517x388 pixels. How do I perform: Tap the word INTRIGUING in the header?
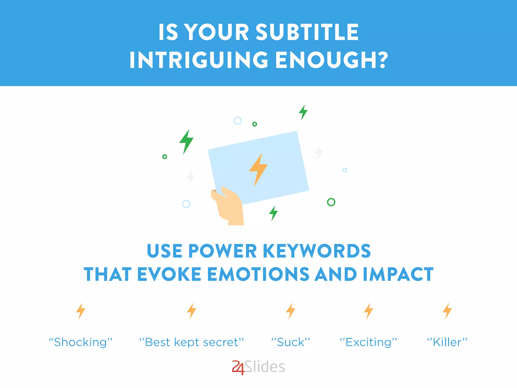click(199, 60)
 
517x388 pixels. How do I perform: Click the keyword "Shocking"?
click(81, 342)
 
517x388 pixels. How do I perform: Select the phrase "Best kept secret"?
click(192, 342)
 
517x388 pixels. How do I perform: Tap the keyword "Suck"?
click(291, 342)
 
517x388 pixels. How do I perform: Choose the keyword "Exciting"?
click(368, 342)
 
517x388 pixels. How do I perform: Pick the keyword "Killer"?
click(447, 342)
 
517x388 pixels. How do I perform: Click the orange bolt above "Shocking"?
click(81, 311)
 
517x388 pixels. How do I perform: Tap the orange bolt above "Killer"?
click(447, 311)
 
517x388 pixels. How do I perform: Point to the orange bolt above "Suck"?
click(291, 311)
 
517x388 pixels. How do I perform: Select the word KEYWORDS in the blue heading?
click(317, 251)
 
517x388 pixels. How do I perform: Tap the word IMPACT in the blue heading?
click(398, 274)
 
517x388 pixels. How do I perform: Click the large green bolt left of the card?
click(186, 141)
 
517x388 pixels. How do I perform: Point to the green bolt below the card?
click(273, 213)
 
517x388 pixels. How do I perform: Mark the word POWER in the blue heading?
click(222, 251)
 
